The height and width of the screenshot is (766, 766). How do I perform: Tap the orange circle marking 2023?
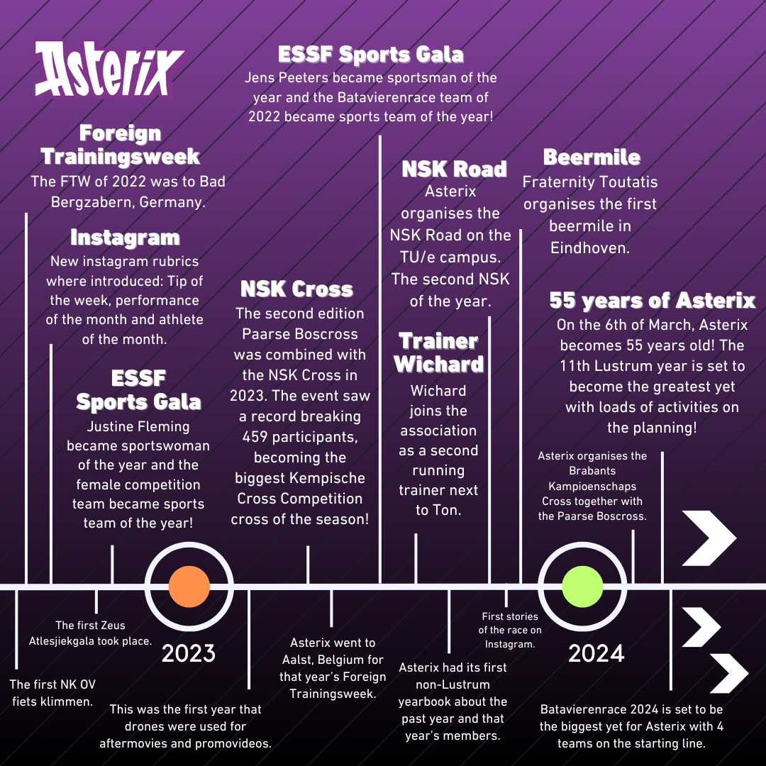[189, 587]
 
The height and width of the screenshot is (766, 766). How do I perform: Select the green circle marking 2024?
[582, 587]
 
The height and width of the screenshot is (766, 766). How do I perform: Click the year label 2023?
[189, 653]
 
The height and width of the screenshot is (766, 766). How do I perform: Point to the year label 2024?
[596, 653]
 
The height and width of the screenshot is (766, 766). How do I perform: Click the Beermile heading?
[592, 157]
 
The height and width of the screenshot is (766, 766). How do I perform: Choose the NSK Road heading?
[455, 169]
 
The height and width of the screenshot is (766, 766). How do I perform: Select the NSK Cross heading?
[296, 289]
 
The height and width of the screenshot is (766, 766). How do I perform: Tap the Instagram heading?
[125, 238]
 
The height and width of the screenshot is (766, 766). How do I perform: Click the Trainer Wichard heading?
[438, 353]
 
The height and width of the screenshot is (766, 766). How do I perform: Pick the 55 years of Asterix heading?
[652, 301]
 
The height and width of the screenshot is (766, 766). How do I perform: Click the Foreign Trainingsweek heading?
[120, 144]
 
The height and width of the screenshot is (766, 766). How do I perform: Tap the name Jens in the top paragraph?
[262, 77]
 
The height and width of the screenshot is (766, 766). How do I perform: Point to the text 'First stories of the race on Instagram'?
[509, 630]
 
